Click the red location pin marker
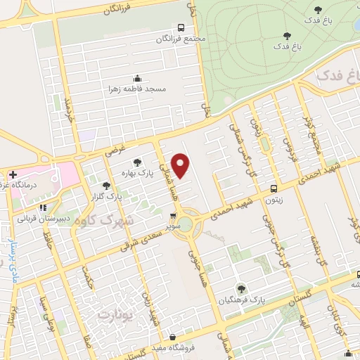click(x=181, y=165)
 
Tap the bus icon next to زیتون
click(x=274, y=188)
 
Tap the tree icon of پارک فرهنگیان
click(x=241, y=288)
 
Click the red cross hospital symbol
click(x=13, y=174)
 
